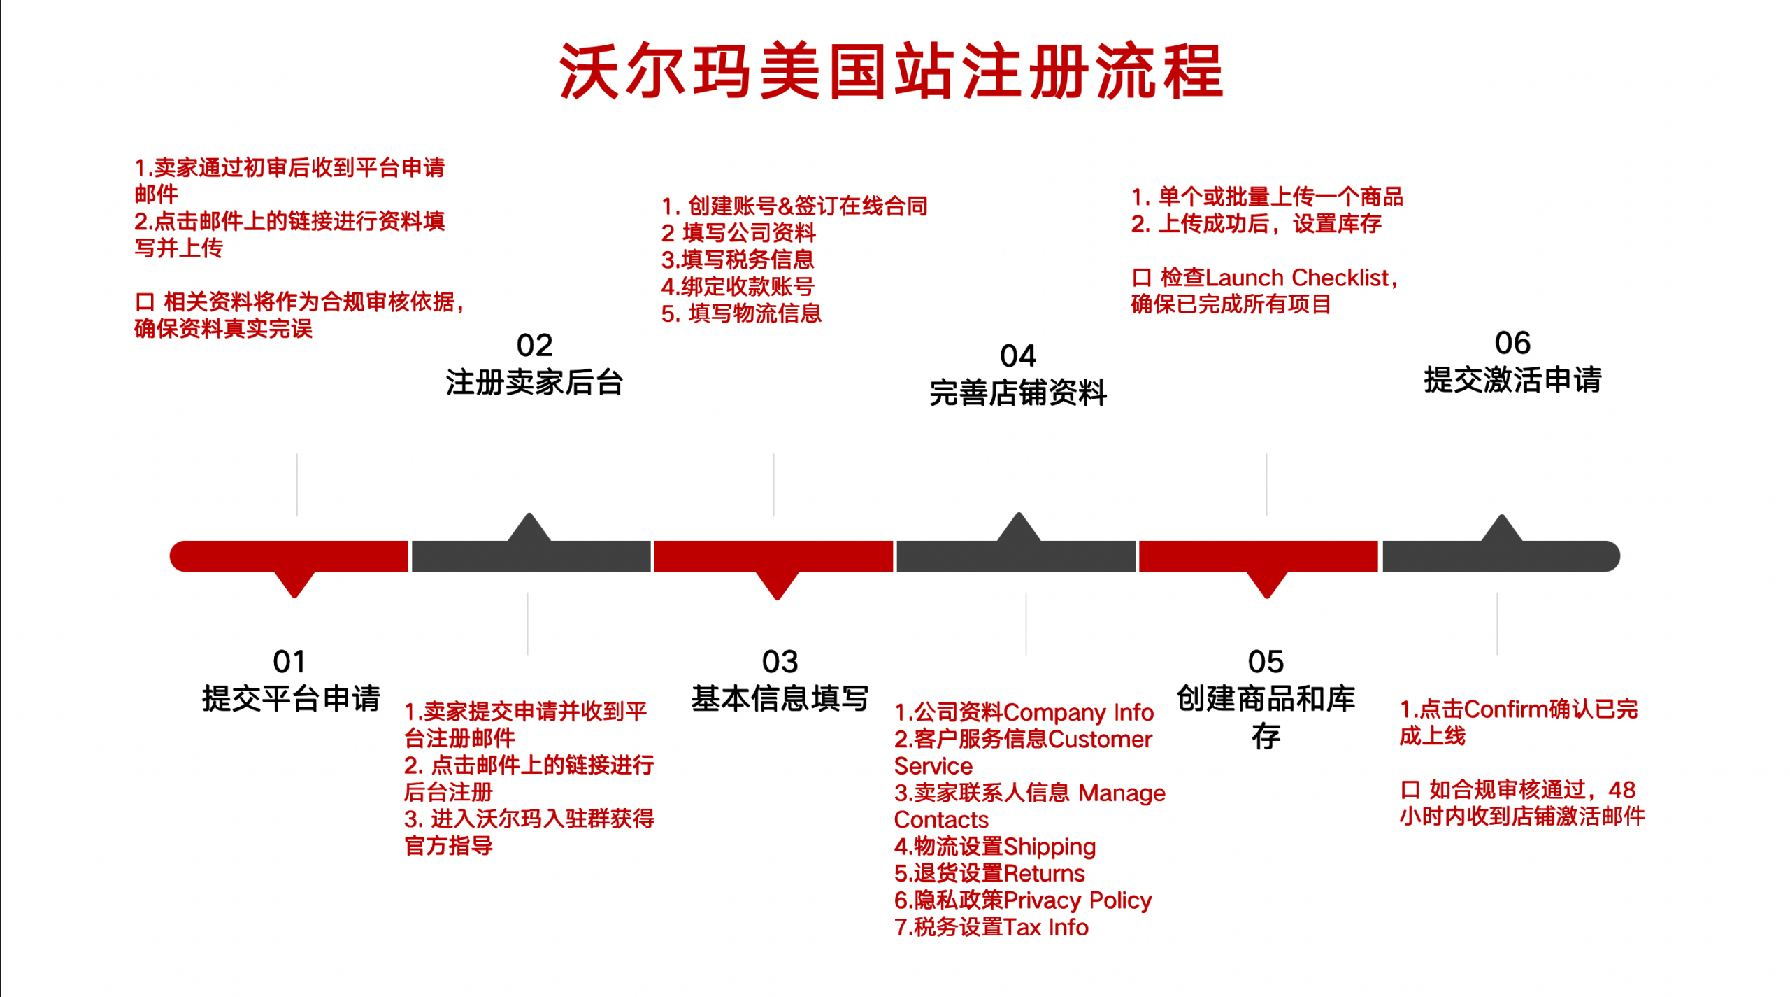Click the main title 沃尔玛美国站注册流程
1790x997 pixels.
891,71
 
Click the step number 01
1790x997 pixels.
289,662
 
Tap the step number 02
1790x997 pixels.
534,346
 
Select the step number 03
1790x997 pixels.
780,662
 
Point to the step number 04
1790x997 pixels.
1017,356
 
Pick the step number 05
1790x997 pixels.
1266,662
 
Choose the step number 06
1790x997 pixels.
1512,344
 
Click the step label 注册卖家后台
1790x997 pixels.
534,383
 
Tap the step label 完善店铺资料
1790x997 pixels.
1017,393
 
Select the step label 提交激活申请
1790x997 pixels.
1512,380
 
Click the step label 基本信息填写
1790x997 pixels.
780,698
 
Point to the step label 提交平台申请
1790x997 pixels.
291,698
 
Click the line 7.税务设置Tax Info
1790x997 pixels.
991,927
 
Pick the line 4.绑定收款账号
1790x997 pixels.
738,286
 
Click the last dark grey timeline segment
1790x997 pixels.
1500,556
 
